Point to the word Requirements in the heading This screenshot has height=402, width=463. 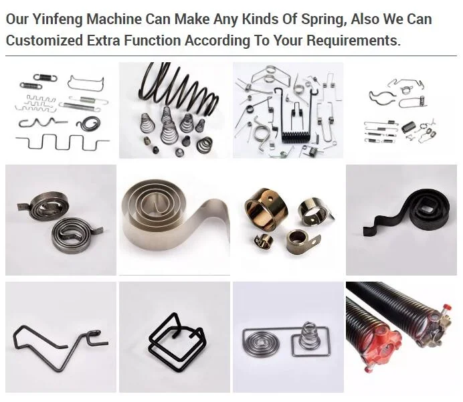[355, 40]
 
